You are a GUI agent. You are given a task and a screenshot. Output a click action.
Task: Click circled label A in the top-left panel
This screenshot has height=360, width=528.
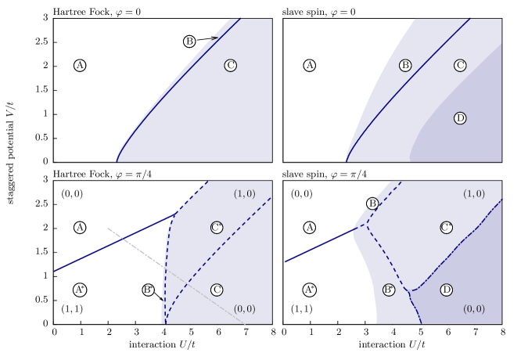[80, 66]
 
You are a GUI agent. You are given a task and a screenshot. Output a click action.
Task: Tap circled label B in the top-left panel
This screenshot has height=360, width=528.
[189, 41]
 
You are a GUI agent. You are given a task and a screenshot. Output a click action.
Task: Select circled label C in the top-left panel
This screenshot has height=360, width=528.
[230, 66]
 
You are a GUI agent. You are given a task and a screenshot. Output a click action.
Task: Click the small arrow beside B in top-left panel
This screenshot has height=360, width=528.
[212, 38]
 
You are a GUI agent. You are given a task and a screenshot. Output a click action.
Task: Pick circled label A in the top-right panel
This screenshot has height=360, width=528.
[310, 66]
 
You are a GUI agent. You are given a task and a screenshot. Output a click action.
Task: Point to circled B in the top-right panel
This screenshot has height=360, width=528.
[405, 66]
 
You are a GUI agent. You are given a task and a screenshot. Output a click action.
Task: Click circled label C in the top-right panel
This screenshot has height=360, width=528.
[460, 66]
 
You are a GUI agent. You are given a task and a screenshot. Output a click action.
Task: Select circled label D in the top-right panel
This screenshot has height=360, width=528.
[460, 118]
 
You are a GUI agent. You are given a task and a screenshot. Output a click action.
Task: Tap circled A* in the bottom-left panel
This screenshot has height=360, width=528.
[80, 290]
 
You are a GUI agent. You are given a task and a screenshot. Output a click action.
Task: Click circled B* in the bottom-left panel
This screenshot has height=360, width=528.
[148, 290]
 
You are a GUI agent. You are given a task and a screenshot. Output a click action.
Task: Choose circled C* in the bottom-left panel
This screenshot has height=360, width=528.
[217, 228]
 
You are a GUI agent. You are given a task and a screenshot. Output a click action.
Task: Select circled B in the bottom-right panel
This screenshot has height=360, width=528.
[372, 203]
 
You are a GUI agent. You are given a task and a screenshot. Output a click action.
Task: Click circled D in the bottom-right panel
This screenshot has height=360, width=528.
[446, 290]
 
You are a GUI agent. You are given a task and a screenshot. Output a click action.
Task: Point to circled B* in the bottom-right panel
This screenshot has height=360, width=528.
[388, 290]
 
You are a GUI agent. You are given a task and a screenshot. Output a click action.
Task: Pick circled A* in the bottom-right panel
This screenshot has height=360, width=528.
[310, 290]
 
